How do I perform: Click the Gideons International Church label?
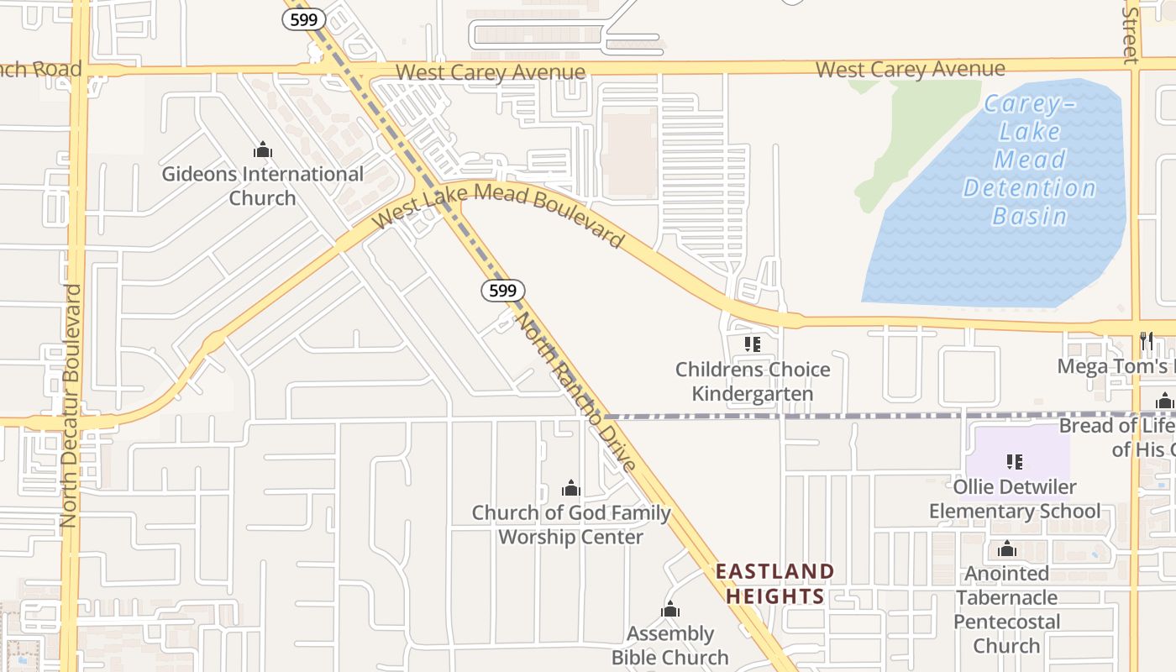click(x=262, y=186)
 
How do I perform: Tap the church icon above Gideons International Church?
click(x=263, y=150)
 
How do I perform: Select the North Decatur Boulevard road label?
click(x=71, y=406)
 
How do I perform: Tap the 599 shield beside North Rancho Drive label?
click(x=502, y=291)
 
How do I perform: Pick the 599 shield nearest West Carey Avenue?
click(x=303, y=19)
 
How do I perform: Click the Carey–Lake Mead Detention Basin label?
click(x=1029, y=160)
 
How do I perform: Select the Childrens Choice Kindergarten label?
click(x=753, y=381)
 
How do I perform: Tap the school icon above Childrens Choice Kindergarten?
click(x=752, y=344)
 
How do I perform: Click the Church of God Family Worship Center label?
click(x=571, y=525)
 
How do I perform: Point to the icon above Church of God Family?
click(x=571, y=488)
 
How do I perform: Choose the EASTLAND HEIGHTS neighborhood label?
click(x=774, y=584)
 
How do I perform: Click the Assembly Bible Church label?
click(x=670, y=645)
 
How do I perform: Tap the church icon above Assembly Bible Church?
click(x=670, y=609)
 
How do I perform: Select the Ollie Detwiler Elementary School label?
click(x=1015, y=498)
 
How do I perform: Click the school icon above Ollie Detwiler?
click(x=1014, y=461)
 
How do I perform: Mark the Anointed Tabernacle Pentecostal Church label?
click(x=1006, y=609)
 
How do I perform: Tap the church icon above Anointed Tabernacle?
click(x=1006, y=550)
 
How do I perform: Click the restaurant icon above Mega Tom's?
click(x=1147, y=340)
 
